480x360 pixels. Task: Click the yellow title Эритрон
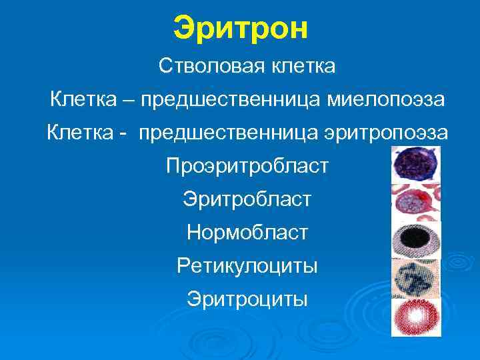241,28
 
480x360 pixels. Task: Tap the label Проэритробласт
247,165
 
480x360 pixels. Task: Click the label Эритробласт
247,199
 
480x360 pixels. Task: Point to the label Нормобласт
247,232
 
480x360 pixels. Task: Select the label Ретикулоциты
247,266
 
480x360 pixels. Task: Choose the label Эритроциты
247,299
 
